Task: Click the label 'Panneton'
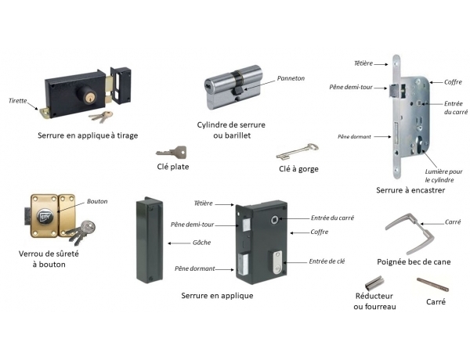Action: pyautogui.click(x=291, y=78)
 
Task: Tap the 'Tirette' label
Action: pyautogui.click(x=18, y=101)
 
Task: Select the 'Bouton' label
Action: pyautogui.click(x=97, y=201)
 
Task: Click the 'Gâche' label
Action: pyautogui.click(x=201, y=242)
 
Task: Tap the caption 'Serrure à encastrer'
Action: pyautogui.click(x=410, y=189)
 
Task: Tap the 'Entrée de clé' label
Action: pyautogui.click(x=327, y=261)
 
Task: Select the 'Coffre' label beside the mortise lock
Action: pyautogui.click(x=454, y=81)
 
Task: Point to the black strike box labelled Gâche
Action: pyautogui.click(x=147, y=239)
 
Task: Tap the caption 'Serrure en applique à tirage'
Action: pyautogui.click(x=88, y=135)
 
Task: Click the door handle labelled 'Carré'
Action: pyautogui.click(x=414, y=232)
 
